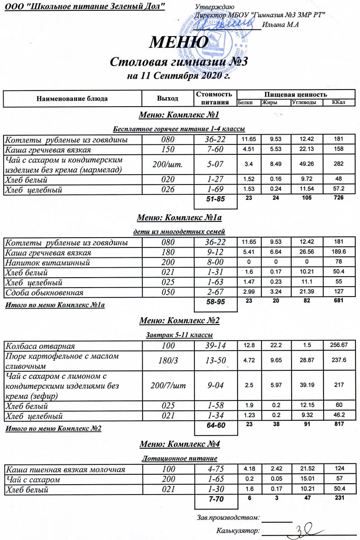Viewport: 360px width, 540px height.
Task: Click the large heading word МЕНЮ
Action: coord(179,42)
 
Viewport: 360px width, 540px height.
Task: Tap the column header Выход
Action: coord(167,98)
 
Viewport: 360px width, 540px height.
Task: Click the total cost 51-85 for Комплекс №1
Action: coord(215,198)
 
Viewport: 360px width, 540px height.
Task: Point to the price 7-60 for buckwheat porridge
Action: coord(215,150)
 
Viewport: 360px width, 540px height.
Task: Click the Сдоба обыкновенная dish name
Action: coord(44,293)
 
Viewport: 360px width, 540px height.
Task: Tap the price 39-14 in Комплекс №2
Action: coord(215,346)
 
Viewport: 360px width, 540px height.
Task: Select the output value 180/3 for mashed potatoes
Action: coord(167,360)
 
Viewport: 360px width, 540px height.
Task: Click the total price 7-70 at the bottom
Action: coord(215,500)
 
